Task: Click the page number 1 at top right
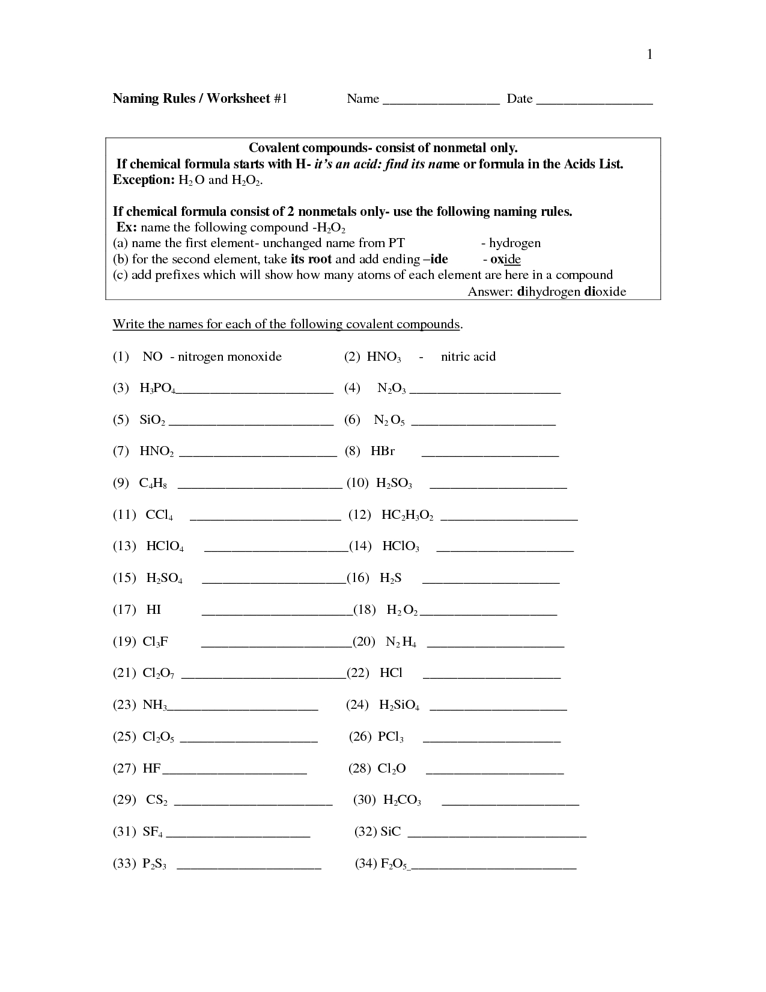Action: point(649,55)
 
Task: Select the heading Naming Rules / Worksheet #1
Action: point(200,99)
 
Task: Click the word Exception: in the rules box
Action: point(143,180)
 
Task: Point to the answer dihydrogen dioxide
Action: point(571,292)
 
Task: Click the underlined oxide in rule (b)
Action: point(505,260)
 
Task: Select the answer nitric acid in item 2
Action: point(468,357)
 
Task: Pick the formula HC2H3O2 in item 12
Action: point(407,515)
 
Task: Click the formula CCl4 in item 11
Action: point(159,515)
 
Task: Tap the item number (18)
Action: point(365,610)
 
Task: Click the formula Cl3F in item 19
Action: point(155,642)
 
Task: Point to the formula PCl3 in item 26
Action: point(391,737)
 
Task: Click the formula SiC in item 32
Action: point(391,832)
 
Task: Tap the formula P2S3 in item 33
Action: point(154,865)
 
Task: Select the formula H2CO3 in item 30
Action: point(402,801)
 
